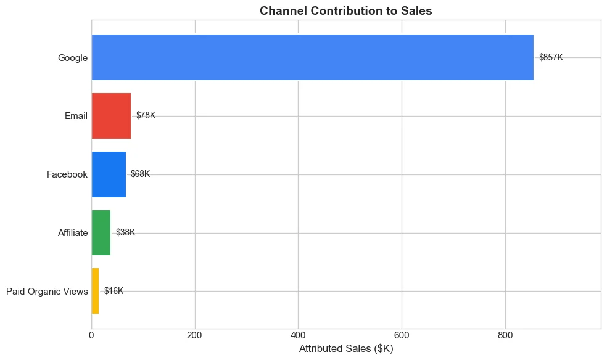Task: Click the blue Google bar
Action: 312,57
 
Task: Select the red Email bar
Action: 111,116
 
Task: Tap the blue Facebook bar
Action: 109,174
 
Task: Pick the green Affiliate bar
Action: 101,232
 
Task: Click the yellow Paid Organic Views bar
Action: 95,291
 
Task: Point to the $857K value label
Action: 551,57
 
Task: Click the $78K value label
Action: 146,116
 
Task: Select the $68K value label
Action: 140,174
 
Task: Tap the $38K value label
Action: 125,232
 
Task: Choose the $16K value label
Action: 114,291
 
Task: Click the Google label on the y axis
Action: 73,58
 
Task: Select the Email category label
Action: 76,116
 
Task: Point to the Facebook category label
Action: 67,174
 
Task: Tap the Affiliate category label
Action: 73,233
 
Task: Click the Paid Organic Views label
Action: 47,292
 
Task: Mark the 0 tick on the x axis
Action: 91,336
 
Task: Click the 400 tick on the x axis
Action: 298,336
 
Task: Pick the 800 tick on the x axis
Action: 505,336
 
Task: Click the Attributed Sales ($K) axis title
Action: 345,349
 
